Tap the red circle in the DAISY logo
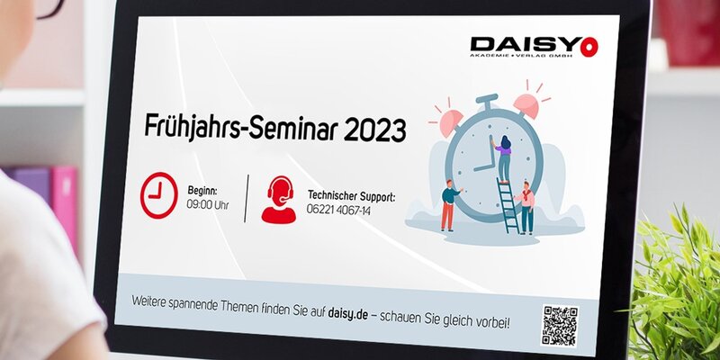[589, 47]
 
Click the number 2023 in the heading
[374, 130]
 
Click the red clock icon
[159, 195]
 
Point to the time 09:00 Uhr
[208, 205]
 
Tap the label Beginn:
[202, 190]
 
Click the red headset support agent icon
[279, 200]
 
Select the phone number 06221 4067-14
[338, 210]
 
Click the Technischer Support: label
[351, 196]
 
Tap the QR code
[560, 326]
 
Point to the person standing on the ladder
[502, 158]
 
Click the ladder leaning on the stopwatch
[508, 206]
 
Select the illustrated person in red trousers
[449, 205]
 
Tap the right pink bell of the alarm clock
[526, 104]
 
